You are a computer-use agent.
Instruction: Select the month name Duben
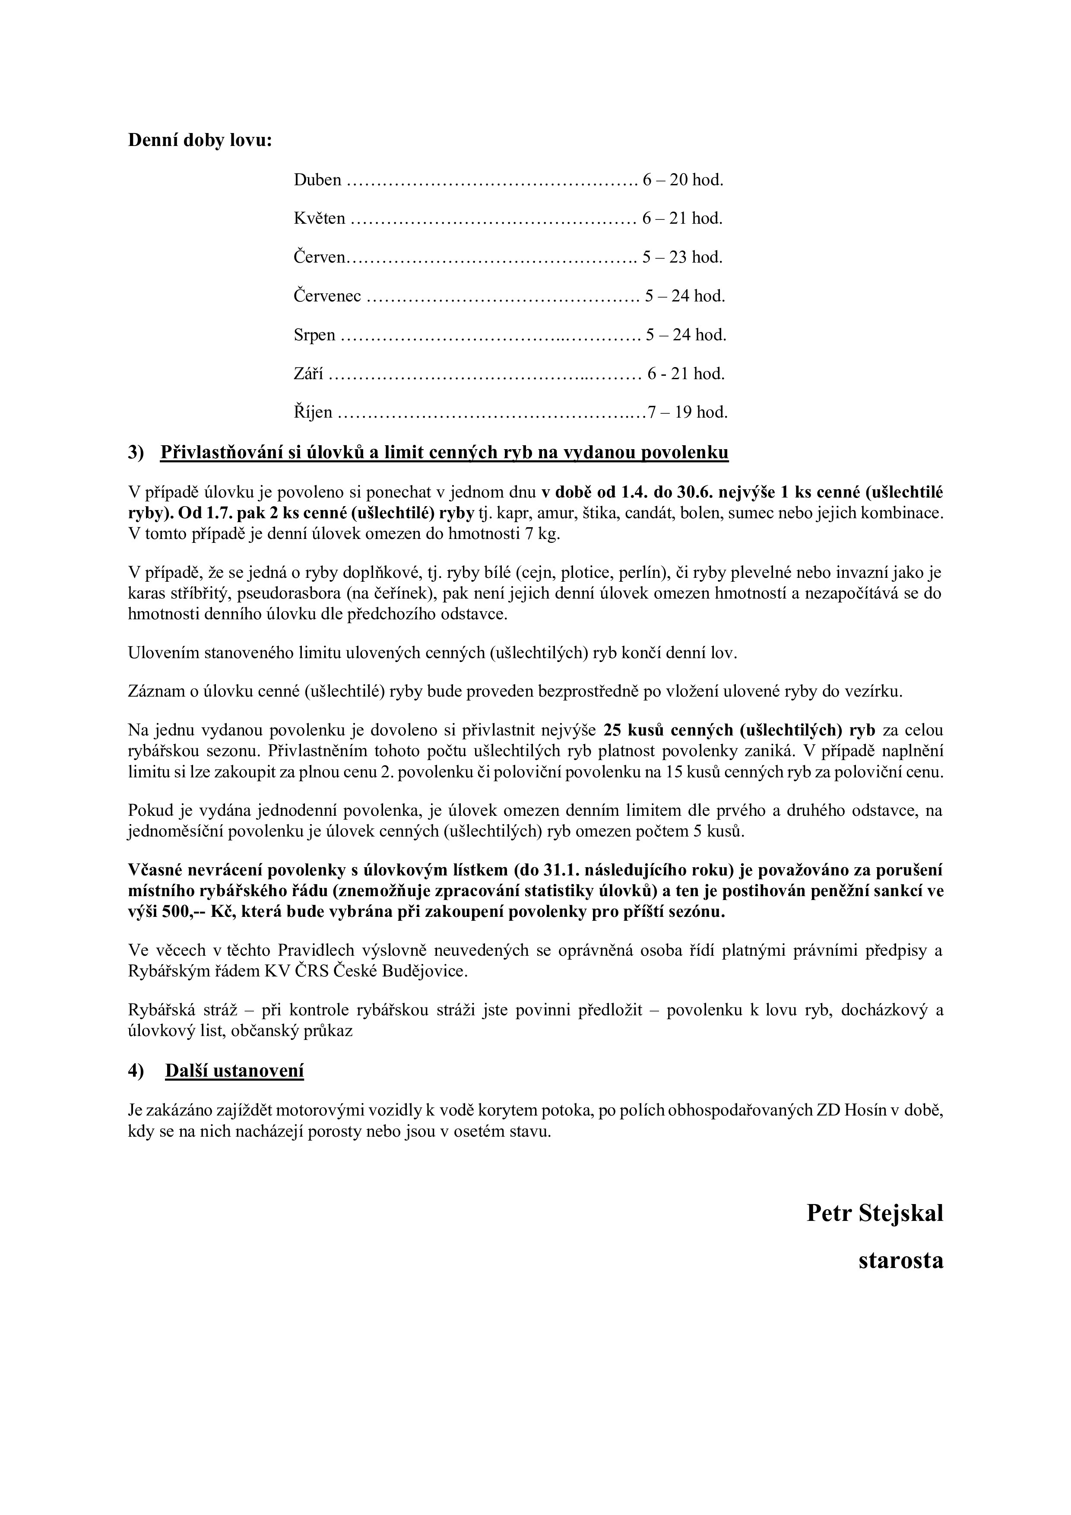click(317, 180)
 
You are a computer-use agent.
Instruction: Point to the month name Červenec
click(327, 296)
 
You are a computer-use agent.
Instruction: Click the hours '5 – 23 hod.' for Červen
click(682, 257)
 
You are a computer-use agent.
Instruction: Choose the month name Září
click(308, 374)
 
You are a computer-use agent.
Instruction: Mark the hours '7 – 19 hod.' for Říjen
click(688, 413)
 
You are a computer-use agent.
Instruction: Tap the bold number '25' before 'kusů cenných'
click(613, 730)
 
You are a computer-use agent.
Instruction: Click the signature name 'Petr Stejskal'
click(875, 1213)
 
